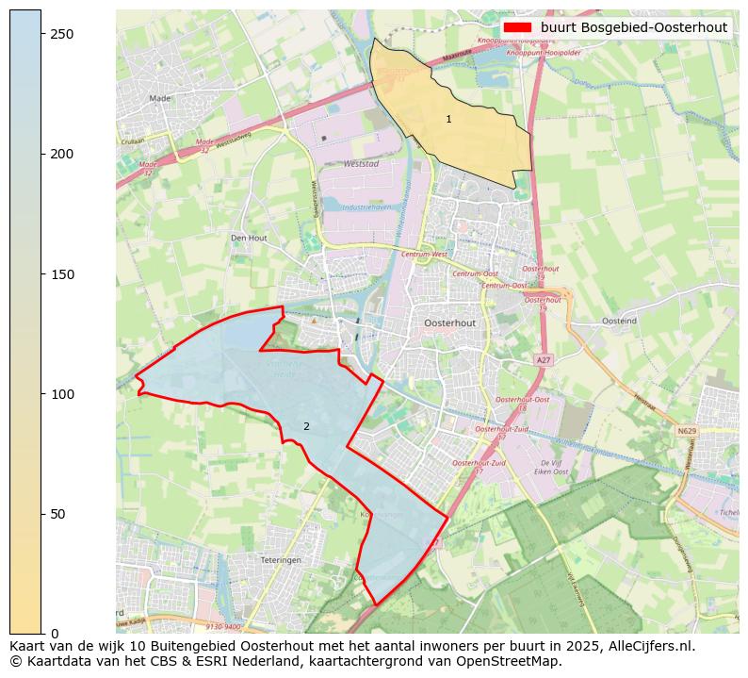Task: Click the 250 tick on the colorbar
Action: click(x=41, y=34)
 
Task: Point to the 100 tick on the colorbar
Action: click(x=41, y=393)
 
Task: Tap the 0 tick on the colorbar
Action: click(x=41, y=633)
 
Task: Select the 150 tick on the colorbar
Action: click(x=41, y=273)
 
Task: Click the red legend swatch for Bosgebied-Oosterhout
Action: click(x=517, y=27)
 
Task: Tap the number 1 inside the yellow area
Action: click(x=448, y=119)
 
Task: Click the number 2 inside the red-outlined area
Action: click(x=306, y=427)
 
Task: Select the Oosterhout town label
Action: click(x=450, y=322)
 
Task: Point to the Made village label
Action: click(x=160, y=97)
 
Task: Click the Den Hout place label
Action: click(x=249, y=238)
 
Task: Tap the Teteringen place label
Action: click(x=279, y=559)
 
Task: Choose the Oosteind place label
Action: click(x=619, y=321)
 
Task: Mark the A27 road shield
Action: click(x=544, y=360)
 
